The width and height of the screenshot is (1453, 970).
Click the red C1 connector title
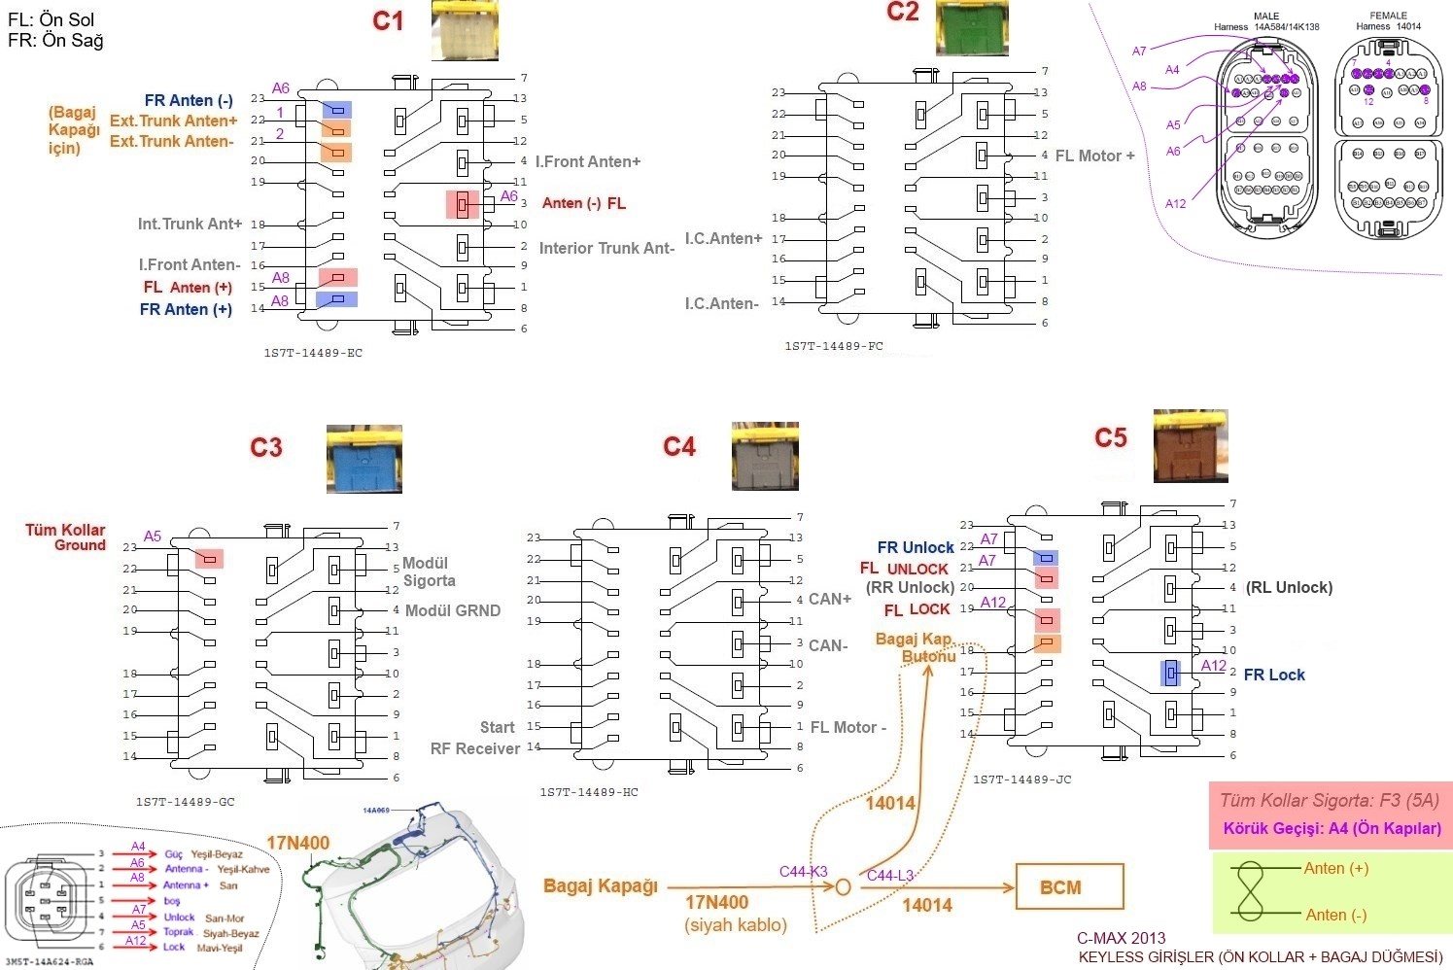pyautogui.click(x=388, y=20)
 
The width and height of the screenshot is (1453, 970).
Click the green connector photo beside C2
pyautogui.click(x=971, y=28)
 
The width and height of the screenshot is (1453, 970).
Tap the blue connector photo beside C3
pyautogui.click(x=363, y=458)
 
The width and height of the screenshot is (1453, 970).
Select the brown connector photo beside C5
pyautogui.click(x=1190, y=445)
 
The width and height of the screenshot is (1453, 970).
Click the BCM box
pyautogui.click(x=1069, y=886)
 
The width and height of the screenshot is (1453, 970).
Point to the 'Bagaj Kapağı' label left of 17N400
pyautogui.click(x=600, y=885)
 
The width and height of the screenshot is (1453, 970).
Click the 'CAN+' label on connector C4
pyautogui.click(x=830, y=599)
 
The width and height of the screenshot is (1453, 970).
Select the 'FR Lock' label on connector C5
pyautogui.click(x=1274, y=675)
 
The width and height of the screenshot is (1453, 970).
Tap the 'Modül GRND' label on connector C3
pyautogui.click(x=453, y=610)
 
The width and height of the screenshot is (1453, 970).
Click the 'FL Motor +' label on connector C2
pyautogui.click(x=1094, y=156)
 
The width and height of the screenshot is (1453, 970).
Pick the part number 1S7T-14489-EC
pyautogui.click(x=313, y=353)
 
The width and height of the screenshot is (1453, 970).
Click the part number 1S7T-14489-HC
pyautogui.click(x=589, y=792)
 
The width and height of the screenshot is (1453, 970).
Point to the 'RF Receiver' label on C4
pyautogui.click(x=475, y=748)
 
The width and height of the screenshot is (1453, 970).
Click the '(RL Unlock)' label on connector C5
pyautogui.click(x=1289, y=587)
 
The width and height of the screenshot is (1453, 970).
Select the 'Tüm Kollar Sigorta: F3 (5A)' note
pyautogui.click(x=1329, y=801)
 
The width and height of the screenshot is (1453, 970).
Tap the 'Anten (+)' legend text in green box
pyautogui.click(x=1336, y=868)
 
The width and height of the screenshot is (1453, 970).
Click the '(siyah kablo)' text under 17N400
pyautogui.click(x=736, y=924)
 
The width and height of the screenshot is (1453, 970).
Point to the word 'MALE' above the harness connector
pyautogui.click(x=1266, y=17)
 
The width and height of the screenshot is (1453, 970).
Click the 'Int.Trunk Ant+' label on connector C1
pyautogui.click(x=190, y=224)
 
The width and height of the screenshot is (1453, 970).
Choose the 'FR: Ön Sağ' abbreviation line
pyautogui.click(x=55, y=41)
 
